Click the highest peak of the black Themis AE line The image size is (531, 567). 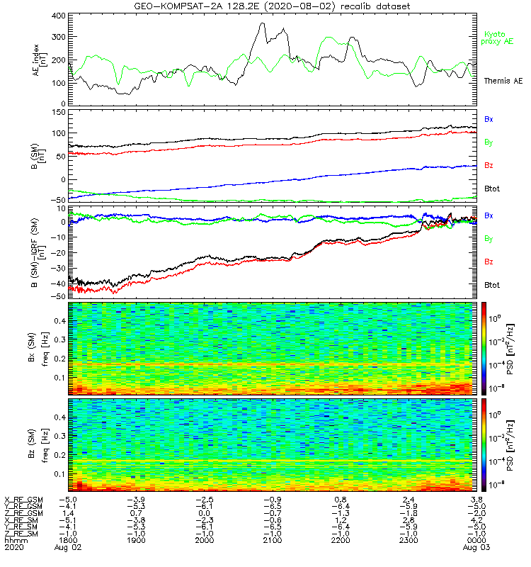pyautogui.click(x=263, y=23)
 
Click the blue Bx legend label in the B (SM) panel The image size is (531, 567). pyautogui.click(x=489, y=119)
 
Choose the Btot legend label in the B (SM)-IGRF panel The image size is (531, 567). pyautogui.click(x=492, y=285)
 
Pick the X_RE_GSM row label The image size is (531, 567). pyautogui.click(x=23, y=500)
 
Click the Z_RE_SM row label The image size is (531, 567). pyautogui.click(x=23, y=533)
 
